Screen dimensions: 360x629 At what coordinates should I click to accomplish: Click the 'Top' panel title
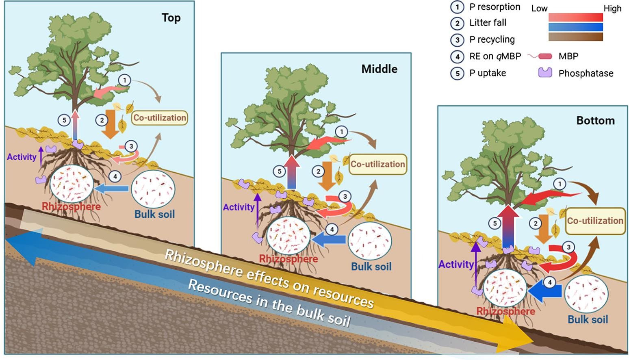click(171, 18)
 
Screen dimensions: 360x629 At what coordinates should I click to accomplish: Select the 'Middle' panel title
click(379, 69)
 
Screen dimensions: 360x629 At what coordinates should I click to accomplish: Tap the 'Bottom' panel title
click(595, 121)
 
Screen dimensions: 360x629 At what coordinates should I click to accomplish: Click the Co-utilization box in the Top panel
click(160, 118)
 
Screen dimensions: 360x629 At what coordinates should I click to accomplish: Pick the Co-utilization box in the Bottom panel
click(595, 221)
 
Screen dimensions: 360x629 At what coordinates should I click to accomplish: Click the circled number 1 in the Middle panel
click(341, 132)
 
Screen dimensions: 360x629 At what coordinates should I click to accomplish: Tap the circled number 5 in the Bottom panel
click(495, 223)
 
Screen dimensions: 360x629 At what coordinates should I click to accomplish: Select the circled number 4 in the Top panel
click(115, 176)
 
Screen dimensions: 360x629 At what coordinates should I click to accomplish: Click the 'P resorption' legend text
click(495, 7)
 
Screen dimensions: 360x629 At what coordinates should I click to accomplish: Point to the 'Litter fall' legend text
click(488, 23)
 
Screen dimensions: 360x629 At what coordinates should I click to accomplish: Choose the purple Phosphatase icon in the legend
click(545, 73)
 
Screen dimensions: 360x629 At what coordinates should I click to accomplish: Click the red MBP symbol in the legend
click(545, 56)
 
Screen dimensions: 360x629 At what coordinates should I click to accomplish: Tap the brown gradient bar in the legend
click(575, 37)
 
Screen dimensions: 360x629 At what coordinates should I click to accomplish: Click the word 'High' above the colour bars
click(612, 9)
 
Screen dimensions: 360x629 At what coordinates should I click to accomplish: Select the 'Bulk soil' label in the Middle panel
click(371, 267)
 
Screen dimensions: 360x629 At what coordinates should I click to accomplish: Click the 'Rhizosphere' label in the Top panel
click(71, 206)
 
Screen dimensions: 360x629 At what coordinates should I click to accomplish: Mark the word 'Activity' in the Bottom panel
click(456, 265)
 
